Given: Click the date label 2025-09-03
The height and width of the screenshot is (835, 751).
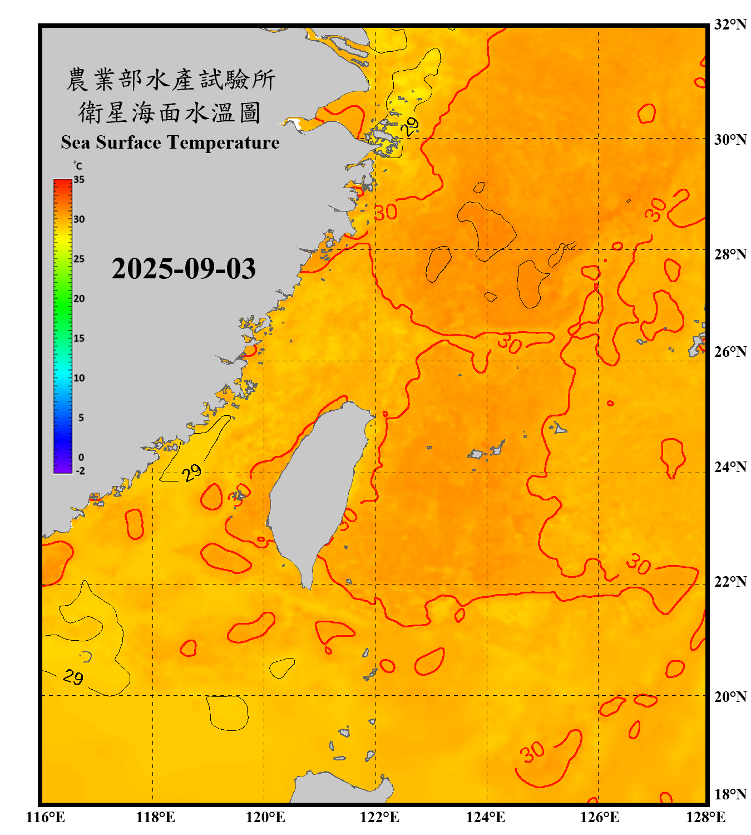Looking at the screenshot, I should click(184, 269).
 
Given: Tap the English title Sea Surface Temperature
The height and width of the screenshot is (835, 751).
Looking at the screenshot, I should click(170, 143).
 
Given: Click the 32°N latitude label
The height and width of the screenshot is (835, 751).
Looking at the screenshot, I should click(730, 24).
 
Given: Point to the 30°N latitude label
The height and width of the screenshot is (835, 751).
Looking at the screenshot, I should click(730, 139).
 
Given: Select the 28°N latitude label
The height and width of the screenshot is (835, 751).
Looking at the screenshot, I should click(730, 254).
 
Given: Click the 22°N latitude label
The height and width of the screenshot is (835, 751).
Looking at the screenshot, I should click(730, 582).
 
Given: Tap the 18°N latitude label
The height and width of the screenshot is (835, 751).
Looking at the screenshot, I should click(730, 794).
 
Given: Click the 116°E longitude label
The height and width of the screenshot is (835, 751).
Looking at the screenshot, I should click(45, 817).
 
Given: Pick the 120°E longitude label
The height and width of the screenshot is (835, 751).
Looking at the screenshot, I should click(265, 817).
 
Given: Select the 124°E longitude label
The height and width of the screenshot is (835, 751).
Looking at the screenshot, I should click(486, 817).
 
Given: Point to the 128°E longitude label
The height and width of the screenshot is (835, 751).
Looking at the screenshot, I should click(705, 817).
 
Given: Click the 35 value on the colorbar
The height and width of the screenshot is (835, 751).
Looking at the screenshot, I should click(79, 180).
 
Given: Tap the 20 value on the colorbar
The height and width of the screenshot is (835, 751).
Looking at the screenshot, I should click(79, 299).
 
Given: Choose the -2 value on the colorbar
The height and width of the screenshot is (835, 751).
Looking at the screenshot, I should click(80, 471).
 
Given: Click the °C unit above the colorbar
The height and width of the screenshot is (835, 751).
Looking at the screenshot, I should click(77, 166).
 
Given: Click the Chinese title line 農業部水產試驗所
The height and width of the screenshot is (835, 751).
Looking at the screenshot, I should click(170, 80).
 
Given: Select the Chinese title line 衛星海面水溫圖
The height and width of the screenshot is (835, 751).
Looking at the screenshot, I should click(170, 112).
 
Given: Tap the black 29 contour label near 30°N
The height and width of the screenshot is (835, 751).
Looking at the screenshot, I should click(411, 126).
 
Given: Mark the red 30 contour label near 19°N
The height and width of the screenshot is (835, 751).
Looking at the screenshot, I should click(532, 751).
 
